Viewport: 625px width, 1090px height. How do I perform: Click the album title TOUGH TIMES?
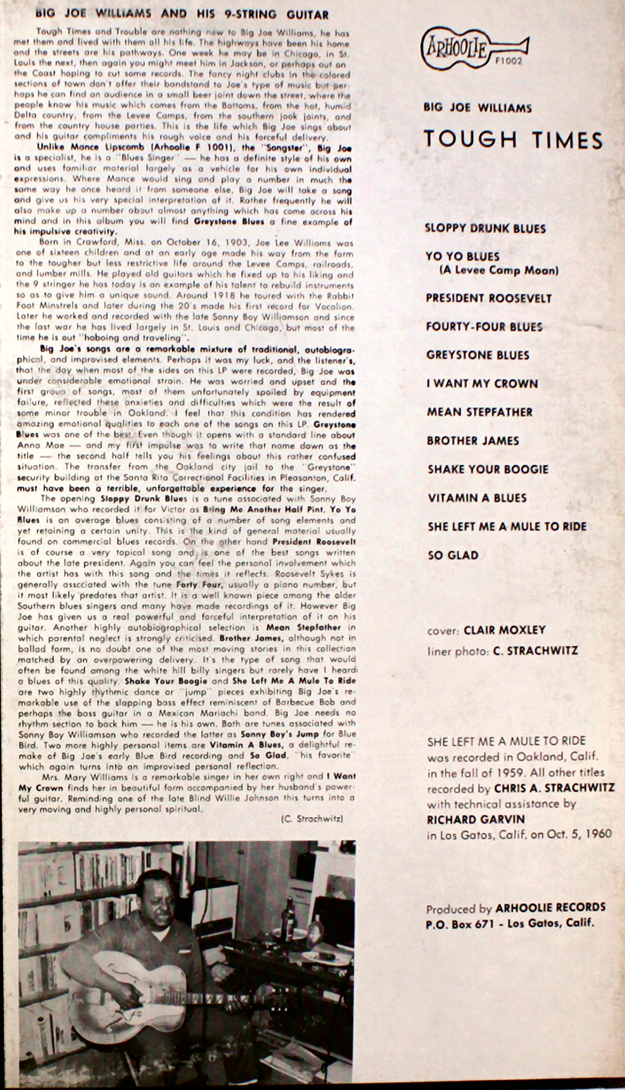(513, 139)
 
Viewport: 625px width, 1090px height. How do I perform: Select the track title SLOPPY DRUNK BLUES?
(485, 228)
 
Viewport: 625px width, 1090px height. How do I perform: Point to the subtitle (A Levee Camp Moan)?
(499, 270)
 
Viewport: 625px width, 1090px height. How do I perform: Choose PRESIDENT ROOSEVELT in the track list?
(489, 298)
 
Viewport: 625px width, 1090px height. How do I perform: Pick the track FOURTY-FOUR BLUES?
(484, 327)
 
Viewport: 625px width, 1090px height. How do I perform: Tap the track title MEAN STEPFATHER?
(479, 412)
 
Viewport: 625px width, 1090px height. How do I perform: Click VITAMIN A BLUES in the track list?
(477, 498)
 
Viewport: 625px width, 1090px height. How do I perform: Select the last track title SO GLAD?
(453, 555)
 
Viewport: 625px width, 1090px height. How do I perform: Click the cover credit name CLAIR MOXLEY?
(505, 630)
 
